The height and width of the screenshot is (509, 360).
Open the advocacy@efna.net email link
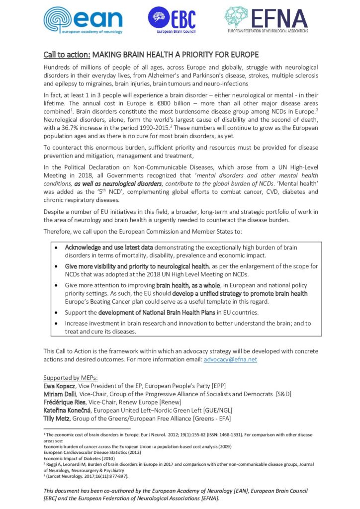pos(230,358)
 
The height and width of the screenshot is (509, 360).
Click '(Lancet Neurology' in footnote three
pos(65,476)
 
